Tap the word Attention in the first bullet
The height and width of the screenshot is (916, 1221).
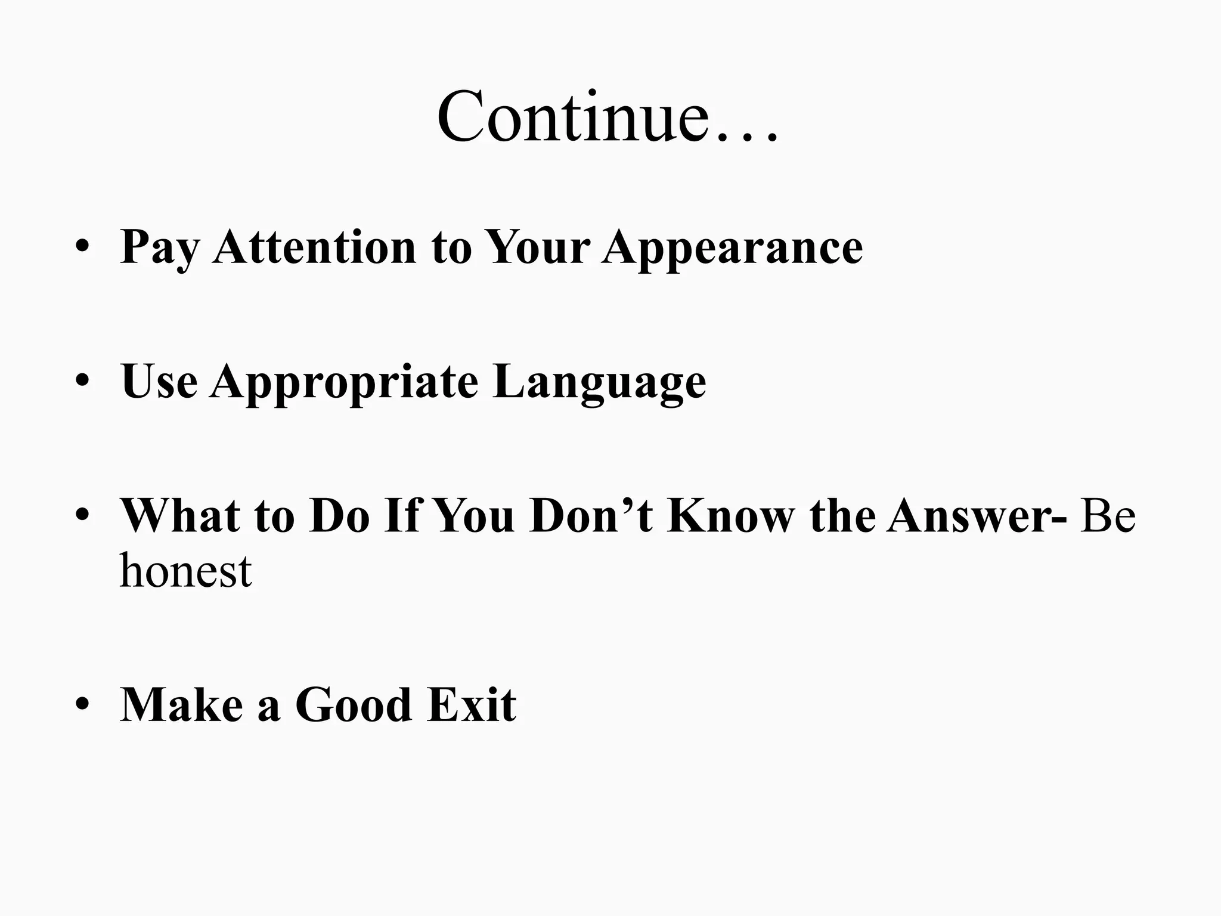point(314,247)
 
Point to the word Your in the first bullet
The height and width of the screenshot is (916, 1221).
point(537,247)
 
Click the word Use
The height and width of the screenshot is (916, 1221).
point(159,381)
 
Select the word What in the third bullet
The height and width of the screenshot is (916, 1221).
point(179,515)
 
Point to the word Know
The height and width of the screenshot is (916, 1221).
point(731,515)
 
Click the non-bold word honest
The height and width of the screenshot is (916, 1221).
point(185,571)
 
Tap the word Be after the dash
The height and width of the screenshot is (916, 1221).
point(1108,515)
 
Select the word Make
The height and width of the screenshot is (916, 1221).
point(182,705)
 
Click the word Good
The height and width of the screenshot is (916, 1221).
point(354,705)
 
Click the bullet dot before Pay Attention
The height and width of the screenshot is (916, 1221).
point(82,247)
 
